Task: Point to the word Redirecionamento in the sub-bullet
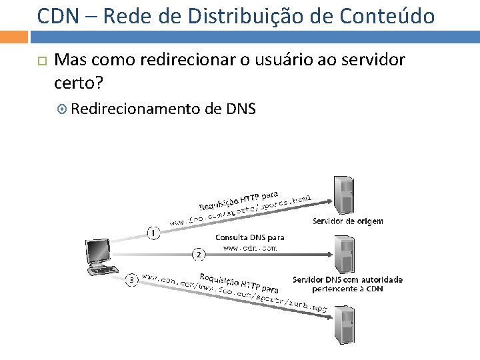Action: point(139,107)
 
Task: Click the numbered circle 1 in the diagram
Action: point(154,233)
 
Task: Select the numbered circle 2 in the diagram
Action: point(198,253)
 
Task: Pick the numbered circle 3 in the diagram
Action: point(132,281)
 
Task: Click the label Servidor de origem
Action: point(347,221)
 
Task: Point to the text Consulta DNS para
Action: point(250,237)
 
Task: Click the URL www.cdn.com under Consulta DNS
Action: point(249,247)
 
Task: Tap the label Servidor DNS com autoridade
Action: point(347,279)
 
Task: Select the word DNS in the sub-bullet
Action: point(240,107)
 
